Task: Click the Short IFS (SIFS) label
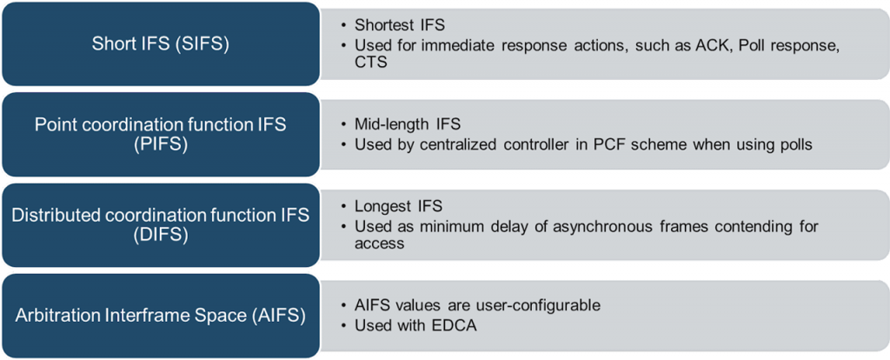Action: click(x=161, y=44)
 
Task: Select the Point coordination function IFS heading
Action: click(x=161, y=125)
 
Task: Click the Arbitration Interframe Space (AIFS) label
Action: click(x=161, y=316)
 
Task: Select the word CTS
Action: click(x=370, y=62)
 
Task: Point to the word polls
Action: click(x=795, y=145)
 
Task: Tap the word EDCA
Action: click(x=452, y=326)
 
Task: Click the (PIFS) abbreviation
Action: click(x=161, y=144)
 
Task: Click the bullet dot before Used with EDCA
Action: click(x=344, y=326)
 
